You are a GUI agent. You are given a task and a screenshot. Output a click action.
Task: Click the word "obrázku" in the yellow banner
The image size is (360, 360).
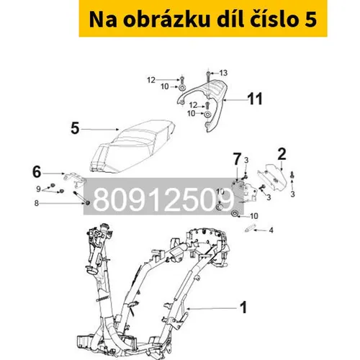(x=166, y=19)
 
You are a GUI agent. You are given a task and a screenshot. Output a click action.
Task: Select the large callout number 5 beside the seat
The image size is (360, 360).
(x=75, y=128)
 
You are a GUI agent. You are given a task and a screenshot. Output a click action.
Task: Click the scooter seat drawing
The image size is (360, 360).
(x=132, y=146)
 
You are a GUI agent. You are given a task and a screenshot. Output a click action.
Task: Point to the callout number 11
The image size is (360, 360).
(x=255, y=99)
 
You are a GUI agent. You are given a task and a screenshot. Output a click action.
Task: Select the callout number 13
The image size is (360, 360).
(x=223, y=73)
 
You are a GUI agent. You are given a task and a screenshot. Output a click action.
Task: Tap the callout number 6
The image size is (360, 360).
(x=37, y=172)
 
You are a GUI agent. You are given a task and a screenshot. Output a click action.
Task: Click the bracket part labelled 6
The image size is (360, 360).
(x=74, y=179)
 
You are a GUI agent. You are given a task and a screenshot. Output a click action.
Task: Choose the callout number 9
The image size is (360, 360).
(x=38, y=189)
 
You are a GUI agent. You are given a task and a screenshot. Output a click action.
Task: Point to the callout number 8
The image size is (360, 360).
(x=36, y=203)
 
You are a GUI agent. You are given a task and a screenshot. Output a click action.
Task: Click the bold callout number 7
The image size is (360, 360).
(x=237, y=159)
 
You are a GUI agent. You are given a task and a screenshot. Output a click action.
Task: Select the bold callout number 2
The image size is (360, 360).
(x=282, y=154)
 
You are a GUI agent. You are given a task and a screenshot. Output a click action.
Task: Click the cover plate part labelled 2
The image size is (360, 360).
(x=272, y=179)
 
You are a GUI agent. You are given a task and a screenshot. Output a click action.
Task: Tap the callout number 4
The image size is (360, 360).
(x=271, y=230)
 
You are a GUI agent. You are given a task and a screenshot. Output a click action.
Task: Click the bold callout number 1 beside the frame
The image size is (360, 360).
(x=243, y=307)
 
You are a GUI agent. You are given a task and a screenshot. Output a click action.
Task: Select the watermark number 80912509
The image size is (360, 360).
(x=163, y=199)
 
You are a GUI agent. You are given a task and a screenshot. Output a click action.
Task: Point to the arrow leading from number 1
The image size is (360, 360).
(x=212, y=308)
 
